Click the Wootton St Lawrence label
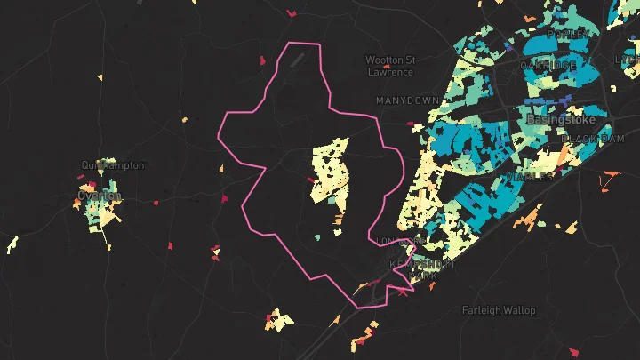390,65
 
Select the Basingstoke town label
559,118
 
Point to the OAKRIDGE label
548,66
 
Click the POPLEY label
567,34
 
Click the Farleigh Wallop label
499,310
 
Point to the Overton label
99,196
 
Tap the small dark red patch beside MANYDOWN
410,124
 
